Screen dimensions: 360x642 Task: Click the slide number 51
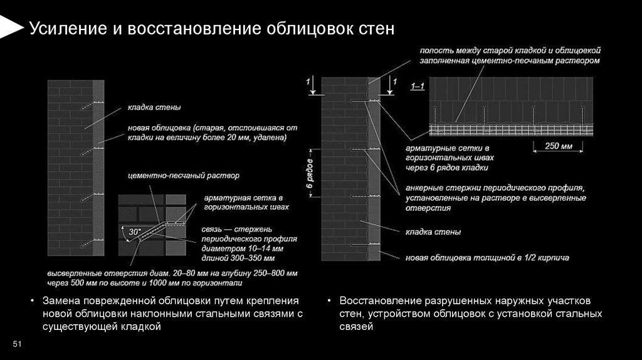point(17,344)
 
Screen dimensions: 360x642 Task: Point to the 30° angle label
point(134,232)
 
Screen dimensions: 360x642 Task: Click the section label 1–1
point(418,86)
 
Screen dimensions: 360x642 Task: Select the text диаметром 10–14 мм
point(240,248)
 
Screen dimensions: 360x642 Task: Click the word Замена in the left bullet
point(61,300)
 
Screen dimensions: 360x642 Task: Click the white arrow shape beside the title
point(11,27)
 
